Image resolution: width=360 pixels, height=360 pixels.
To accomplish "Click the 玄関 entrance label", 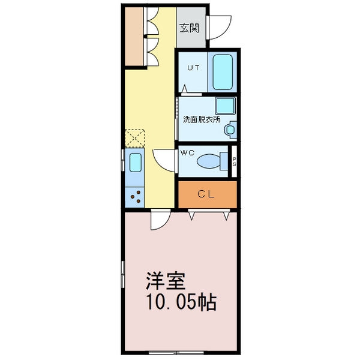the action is click(189, 28).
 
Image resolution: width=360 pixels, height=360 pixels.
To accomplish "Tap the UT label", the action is click(193, 68).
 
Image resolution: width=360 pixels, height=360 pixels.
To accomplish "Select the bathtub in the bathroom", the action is click(222, 72).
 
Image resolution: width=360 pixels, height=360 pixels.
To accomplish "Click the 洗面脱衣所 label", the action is click(202, 119).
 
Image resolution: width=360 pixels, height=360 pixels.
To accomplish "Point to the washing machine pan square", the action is click(225, 106).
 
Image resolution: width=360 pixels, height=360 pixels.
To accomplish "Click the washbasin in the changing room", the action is click(230, 130).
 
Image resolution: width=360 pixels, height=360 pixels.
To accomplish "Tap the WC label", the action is click(187, 152).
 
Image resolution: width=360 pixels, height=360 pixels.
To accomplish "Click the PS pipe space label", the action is click(234, 161).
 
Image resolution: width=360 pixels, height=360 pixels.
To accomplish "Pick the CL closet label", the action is click(206, 194).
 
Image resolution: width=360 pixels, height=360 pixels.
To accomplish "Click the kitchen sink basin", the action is click(135, 163).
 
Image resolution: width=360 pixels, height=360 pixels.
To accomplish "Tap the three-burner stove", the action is click(135, 197).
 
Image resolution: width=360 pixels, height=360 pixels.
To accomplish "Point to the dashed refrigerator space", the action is click(135, 139).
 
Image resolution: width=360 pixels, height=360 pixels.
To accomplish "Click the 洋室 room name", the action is click(166, 281).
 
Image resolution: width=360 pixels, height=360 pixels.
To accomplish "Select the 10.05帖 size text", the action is click(181, 302).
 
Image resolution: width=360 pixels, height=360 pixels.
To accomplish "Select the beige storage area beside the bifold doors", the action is click(134, 36).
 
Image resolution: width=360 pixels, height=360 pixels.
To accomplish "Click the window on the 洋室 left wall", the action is click(123, 274).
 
